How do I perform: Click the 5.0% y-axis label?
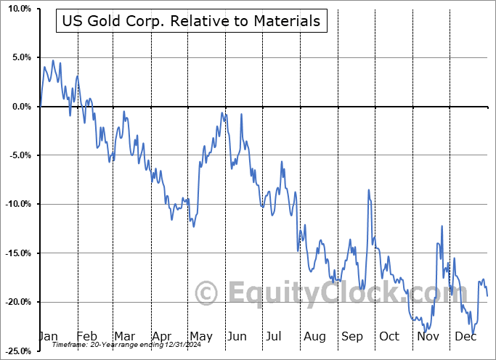(x=19, y=57)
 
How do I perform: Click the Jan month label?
(x=48, y=337)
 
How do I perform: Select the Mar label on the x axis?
(x=123, y=337)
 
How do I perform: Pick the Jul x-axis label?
(x=275, y=337)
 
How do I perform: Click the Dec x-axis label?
(x=465, y=337)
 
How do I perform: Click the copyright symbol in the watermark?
(x=206, y=293)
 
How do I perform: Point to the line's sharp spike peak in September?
(x=369, y=190)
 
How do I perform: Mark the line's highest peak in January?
(x=53, y=60)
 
